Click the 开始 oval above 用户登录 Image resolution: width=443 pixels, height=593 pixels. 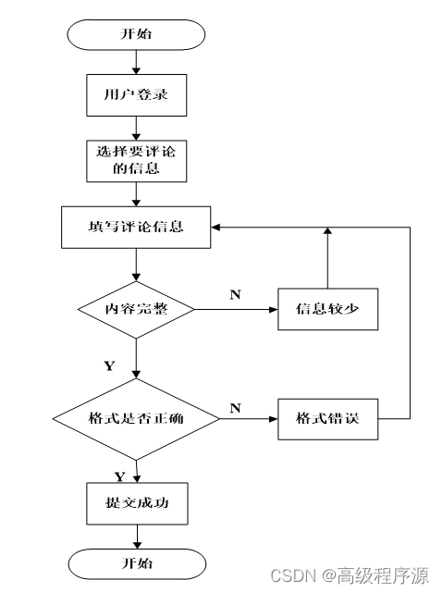point(136,34)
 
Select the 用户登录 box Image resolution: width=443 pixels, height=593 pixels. point(137,95)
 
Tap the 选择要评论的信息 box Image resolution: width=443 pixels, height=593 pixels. point(137,161)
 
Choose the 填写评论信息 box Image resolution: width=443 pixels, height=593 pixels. point(136,228)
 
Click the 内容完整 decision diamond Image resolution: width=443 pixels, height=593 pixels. point(136,310)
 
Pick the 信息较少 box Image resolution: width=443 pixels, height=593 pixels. point(327,309)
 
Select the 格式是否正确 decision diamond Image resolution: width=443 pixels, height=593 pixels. point(136,419)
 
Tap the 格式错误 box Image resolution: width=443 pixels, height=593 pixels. point(327,419)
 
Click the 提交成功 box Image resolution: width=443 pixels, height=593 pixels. point(137,503)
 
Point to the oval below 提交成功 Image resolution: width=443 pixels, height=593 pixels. point(137,564)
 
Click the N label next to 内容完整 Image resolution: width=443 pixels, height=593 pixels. point(235,294)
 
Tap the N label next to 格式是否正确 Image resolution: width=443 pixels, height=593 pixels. point(235,408)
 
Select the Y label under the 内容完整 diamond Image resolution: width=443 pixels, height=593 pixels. point(109,365)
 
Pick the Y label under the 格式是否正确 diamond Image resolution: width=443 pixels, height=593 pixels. point(120,476)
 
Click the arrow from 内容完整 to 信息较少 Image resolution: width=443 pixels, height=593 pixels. point(236,309)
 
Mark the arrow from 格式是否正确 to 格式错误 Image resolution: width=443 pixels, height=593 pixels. point(249,419)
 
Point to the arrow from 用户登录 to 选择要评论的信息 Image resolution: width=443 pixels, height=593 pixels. point(136,129)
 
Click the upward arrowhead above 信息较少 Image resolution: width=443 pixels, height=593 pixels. point(327,230)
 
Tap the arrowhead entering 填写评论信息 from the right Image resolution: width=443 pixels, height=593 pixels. point(215,228)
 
